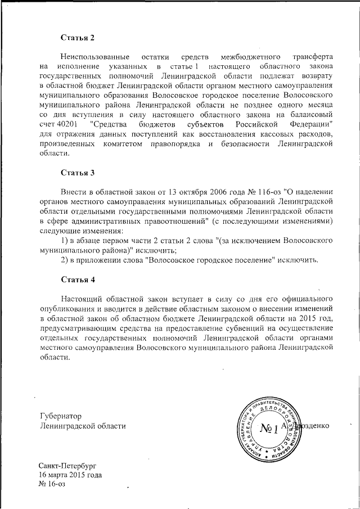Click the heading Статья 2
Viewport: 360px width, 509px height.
[78, 38]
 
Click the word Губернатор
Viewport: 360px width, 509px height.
[61, 416]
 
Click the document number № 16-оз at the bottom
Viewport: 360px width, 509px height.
[52, 484]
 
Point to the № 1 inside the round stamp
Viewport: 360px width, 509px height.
[270, 429]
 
